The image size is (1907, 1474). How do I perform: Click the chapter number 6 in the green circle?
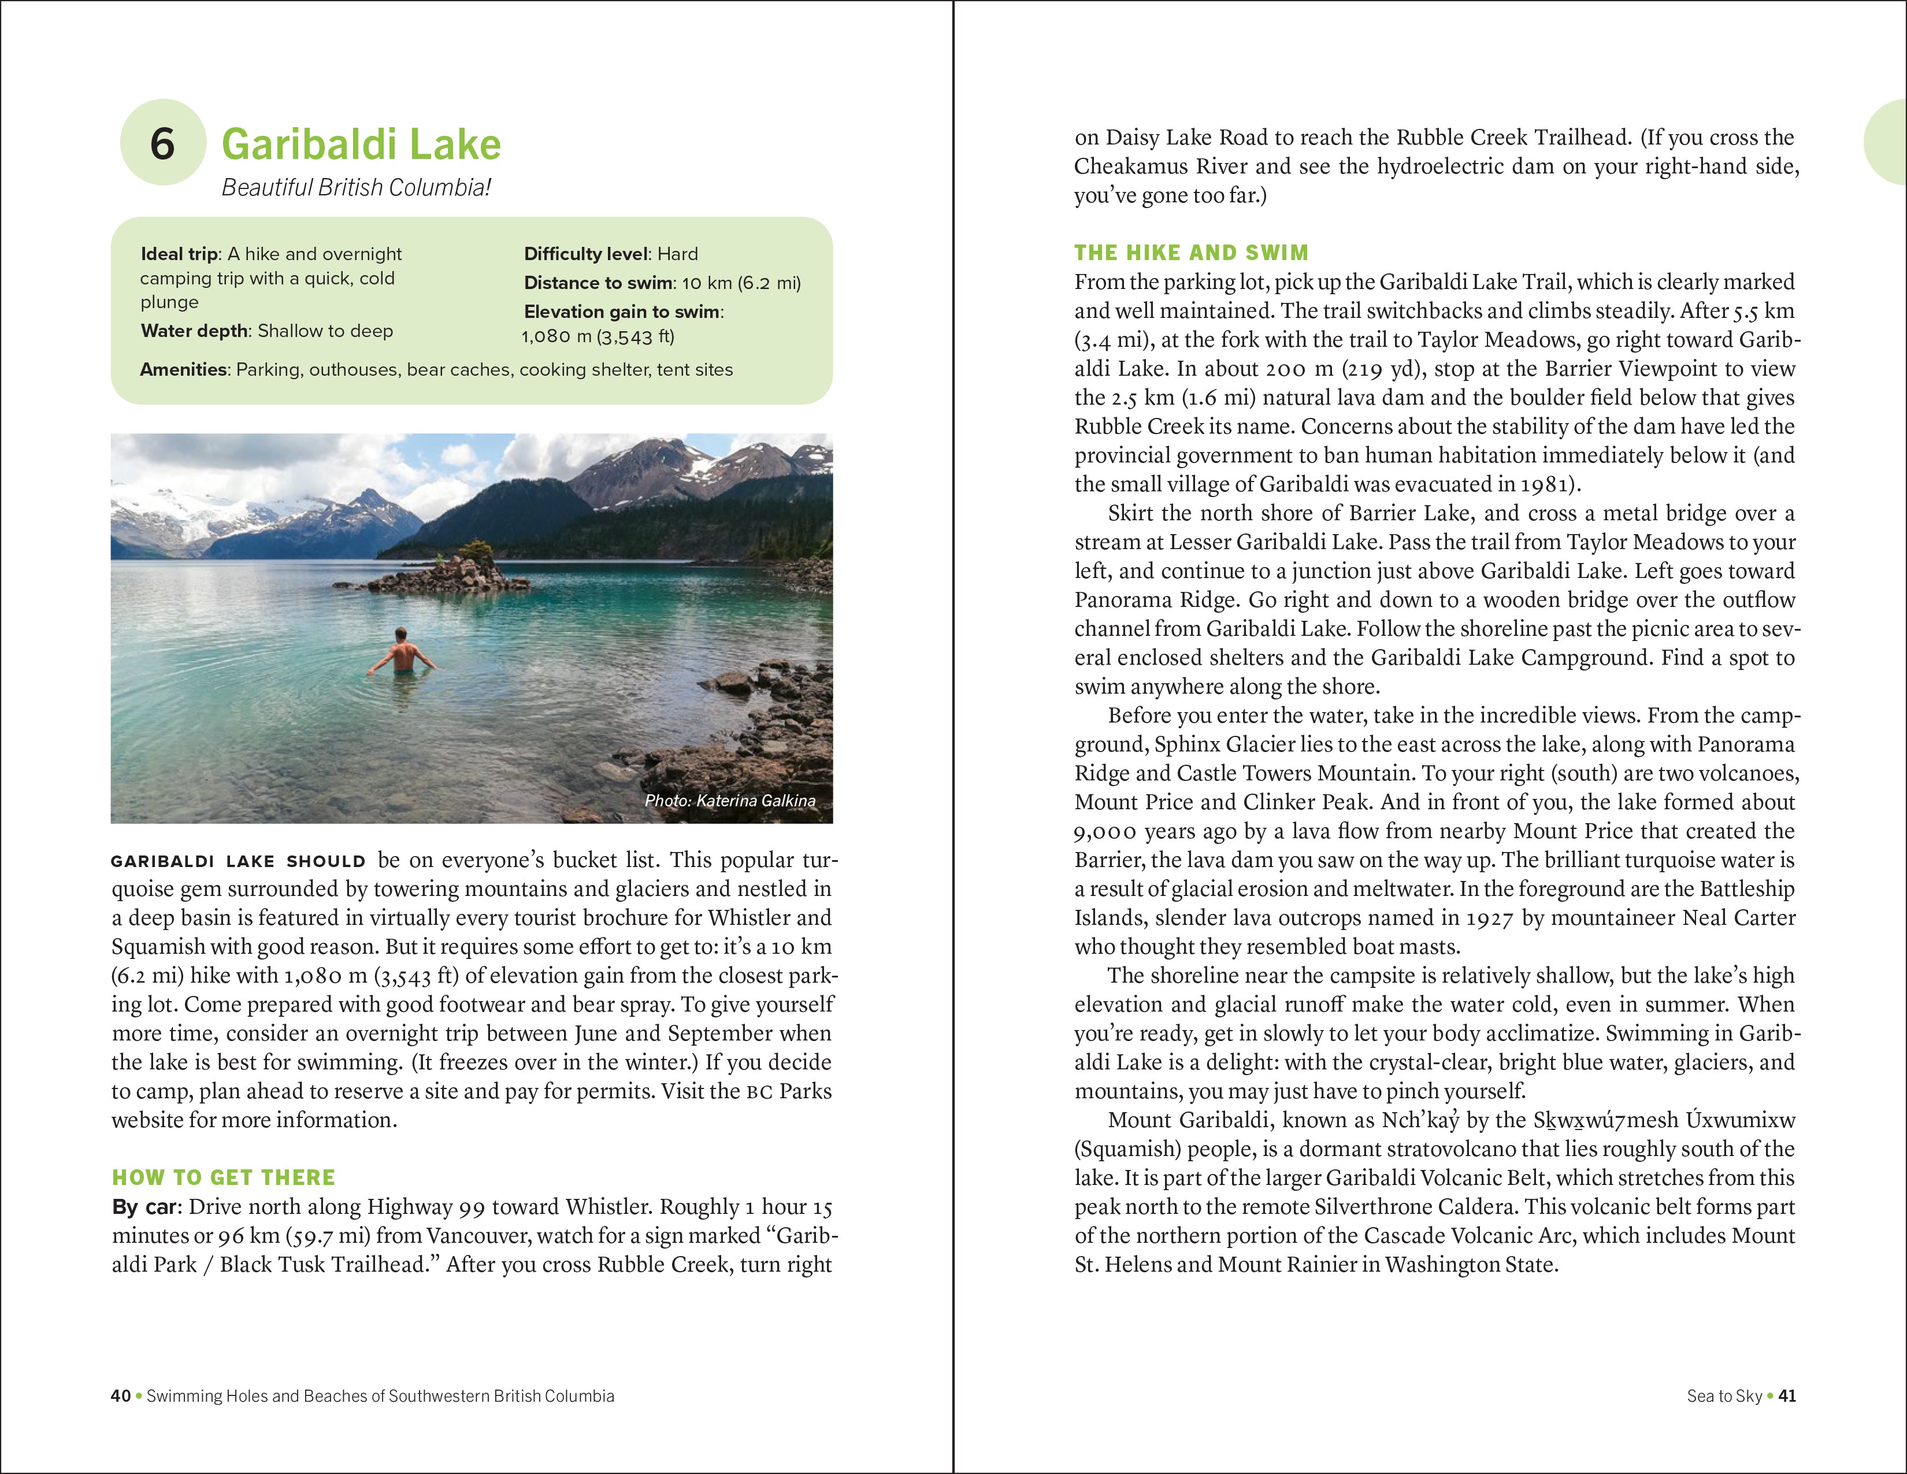click(x=162, y=144)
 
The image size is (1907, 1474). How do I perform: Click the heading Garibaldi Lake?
click(x=361, y=144)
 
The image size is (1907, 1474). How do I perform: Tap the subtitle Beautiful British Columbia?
click(x=355, y=188)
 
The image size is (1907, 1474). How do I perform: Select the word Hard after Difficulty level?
click(x=678, y=254)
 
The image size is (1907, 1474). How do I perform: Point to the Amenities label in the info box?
click(x=183, y=369)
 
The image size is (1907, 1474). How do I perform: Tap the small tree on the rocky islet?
click(x=476, y=551)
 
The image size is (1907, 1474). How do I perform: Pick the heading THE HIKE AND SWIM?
click(x=1191, y=253)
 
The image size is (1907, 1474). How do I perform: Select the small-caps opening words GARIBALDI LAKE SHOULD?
click(x=238, y=861)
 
